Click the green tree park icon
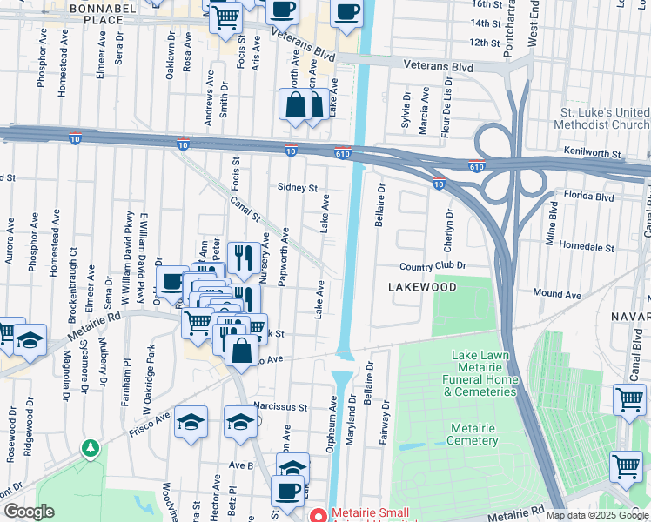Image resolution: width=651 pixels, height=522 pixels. [x=89, y=449]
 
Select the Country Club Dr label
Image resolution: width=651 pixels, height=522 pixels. [x=433, y=266]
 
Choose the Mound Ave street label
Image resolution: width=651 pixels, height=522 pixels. [x=557, y=295]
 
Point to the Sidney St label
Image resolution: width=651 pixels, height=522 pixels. [x=298, y=187]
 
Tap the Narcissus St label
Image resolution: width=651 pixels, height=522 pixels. [x=281, y=406]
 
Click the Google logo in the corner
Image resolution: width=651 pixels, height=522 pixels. [x=29, y=512]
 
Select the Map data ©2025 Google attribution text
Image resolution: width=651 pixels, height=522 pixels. [x=597, y=515]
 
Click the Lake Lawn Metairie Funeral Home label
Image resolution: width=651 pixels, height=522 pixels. [x=484, y=373]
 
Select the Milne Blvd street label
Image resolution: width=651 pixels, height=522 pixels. [x=553, y=224]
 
